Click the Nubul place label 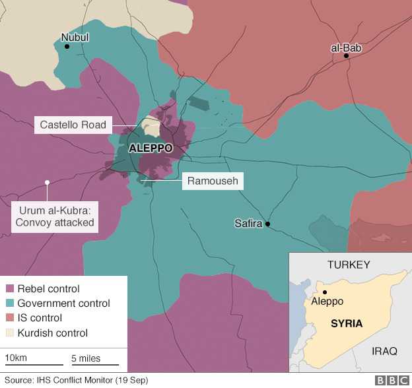(75, 38)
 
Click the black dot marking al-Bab (346, 56)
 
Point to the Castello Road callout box (73, 124)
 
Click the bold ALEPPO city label (150, 148)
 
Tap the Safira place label (248, 223)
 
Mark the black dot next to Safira (268, 224)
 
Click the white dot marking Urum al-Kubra (47, 183)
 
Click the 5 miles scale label (86, 358)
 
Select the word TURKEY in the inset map (349, 265)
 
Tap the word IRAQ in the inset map (384, 351)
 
